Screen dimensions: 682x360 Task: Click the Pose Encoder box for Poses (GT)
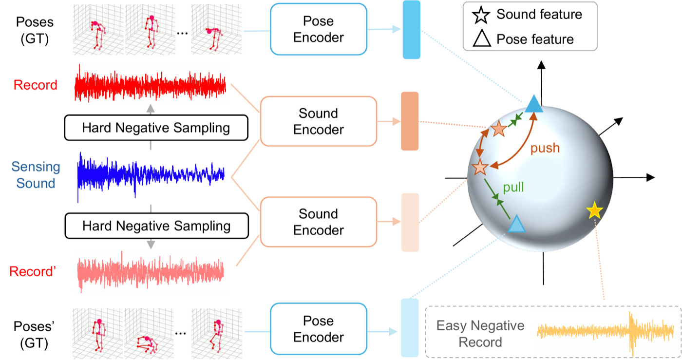point(319,29)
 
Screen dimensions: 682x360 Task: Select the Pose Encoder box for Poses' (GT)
point(319,329)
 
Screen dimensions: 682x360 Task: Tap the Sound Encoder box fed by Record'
point(319,222)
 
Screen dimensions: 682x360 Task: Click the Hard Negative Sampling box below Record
point(156,128)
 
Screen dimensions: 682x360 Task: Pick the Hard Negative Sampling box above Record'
point(157,226)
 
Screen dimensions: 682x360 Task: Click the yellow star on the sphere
point(594,210)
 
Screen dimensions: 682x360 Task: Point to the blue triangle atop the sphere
point(534,104)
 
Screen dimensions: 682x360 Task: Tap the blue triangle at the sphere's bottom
point(516,224)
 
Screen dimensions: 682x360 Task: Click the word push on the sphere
point(545,148)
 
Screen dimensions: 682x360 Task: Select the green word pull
point(513,187)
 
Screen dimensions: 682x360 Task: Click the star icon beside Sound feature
point(481,15)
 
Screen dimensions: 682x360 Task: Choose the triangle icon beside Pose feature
point(482,38)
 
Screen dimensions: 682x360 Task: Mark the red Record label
point(35,85)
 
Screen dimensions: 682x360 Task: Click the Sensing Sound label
point(36,175)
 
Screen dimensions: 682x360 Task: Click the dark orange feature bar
point(410,121)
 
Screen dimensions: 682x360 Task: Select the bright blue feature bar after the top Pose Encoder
point(411,30)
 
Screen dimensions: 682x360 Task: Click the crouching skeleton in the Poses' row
point(147,345)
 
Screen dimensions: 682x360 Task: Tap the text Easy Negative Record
point(480,334)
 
